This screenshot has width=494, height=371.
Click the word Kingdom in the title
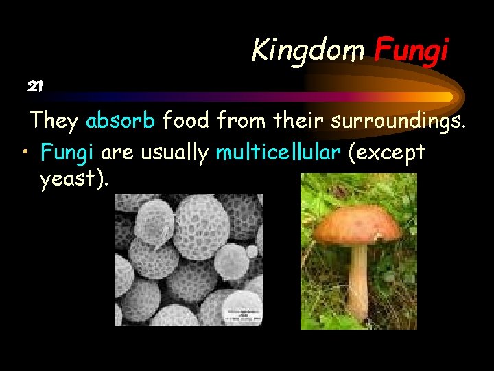(x=309, y=50)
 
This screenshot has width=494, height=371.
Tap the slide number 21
(x=35, y=87)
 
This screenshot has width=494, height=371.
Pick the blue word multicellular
(x=278, y=152)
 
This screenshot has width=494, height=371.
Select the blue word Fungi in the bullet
(x=67, y=152)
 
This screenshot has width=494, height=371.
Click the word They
(x=54, y=121)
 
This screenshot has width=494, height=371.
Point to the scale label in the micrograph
(x=242, y=313)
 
